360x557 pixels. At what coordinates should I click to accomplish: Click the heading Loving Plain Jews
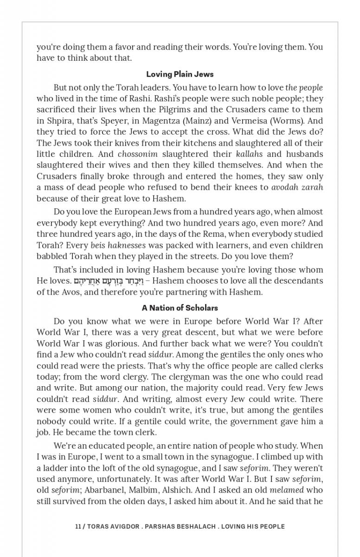click(180, 74)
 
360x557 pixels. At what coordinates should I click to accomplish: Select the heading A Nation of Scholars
click(180, 308)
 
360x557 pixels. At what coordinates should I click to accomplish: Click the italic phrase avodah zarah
click(297, 188)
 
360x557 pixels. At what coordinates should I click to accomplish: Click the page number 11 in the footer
click(78, 526)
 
